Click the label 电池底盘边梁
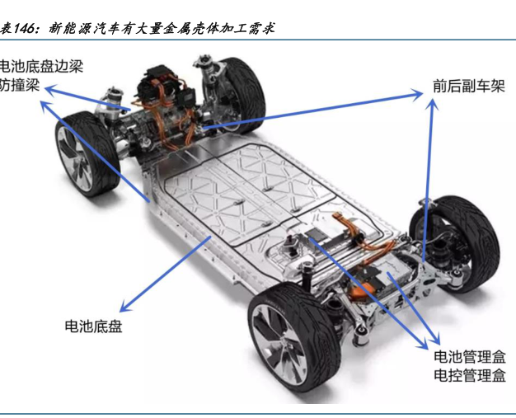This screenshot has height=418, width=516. pos(40,66)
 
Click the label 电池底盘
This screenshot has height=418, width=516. pos(93,326)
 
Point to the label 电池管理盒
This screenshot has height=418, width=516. pos(470,357)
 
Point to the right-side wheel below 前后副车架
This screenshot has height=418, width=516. pos(455,238)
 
